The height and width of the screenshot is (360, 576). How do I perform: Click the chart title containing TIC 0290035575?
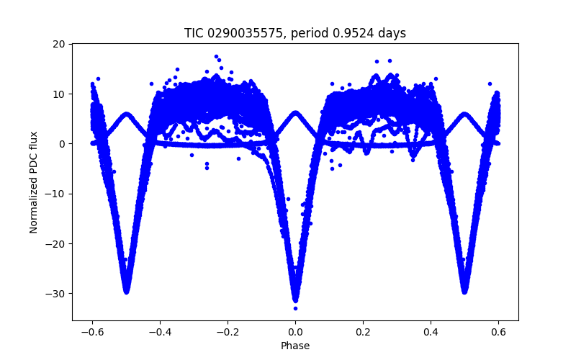coord(295,33)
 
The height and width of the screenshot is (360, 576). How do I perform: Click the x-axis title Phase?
coord(295,346)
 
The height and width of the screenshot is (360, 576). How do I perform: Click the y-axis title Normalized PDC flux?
coord(33,181)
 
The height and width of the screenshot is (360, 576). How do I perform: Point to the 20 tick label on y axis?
coord(59,44)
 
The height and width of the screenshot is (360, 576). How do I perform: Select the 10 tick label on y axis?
coord(59,94)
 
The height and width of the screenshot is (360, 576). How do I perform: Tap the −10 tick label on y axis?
coord(56,194)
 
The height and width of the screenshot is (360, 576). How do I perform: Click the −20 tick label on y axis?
coord(56,243)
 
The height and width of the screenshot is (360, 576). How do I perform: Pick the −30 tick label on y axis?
coord(56,293)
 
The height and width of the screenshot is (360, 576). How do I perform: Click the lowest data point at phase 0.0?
coord(295,308)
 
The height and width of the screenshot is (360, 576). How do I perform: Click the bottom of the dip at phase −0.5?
coord(126,291)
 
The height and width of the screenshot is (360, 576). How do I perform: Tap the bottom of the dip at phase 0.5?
coord(464,291)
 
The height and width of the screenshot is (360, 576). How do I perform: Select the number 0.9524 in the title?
coord(365,33)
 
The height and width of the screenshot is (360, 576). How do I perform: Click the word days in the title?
coord(393,33)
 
